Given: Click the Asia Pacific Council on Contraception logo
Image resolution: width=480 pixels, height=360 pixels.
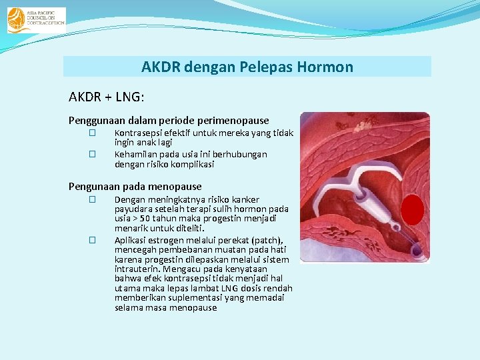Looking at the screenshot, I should pyautogui.click(x=36, y=20).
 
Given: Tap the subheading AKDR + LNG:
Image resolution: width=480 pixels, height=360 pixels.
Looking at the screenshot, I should pyautogui.click(x=106, y=97).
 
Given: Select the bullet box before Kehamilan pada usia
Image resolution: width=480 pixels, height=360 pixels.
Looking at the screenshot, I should pyautogui.click(x=93, y=154).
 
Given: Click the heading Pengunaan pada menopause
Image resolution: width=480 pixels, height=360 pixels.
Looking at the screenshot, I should pyautogui.click(x=135, y=187).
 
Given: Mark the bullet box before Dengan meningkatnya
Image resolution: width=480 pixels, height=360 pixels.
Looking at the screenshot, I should pyautogui.click(x=93, y=199).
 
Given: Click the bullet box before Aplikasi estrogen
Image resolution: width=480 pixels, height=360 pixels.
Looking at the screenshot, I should pyautogui.click(x=93, y=240).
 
